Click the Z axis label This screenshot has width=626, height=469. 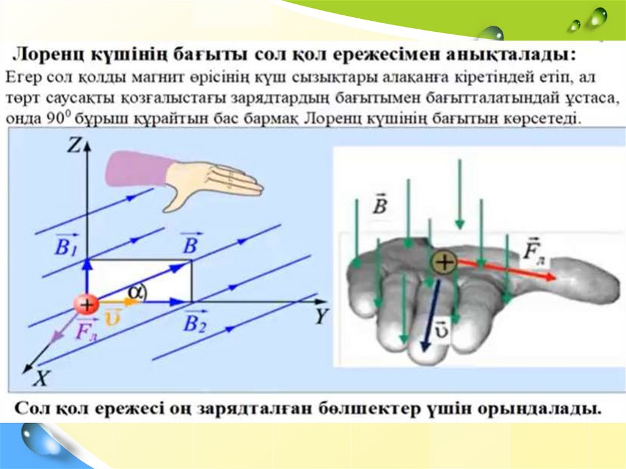coord(75,145)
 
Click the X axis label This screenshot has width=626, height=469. coord(40,379)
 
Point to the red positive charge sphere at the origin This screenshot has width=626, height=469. coord(87,304)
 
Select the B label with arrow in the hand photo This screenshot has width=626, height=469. coord(380,205)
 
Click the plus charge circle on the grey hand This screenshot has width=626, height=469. coord(444,263)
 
